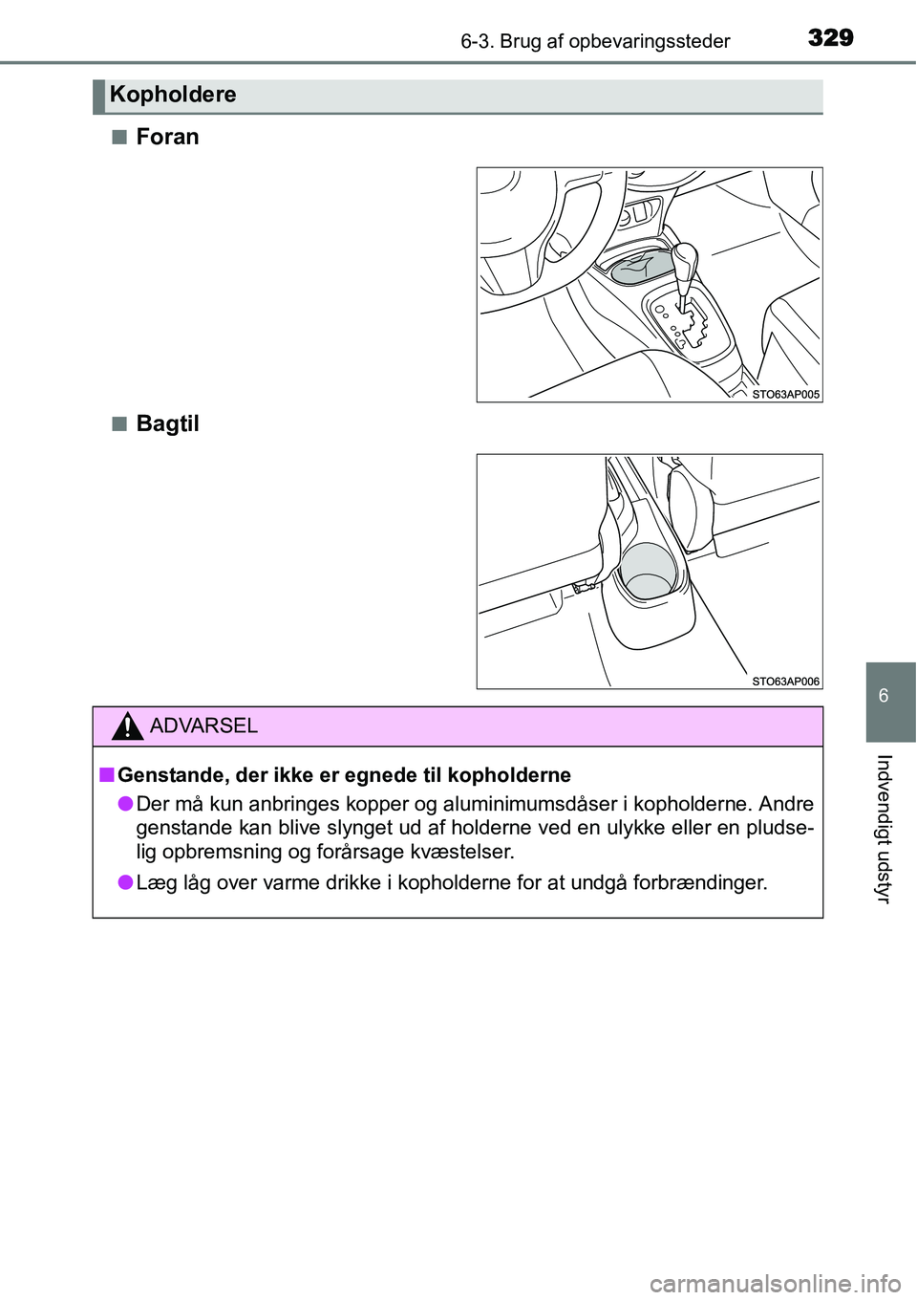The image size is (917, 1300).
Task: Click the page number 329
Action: (830, 37)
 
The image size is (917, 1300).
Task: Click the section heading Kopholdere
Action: (173, 95)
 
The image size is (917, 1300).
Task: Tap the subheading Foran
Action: (167, 137)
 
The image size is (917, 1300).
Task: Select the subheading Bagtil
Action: (167, 423)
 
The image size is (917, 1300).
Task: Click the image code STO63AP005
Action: (785, 394)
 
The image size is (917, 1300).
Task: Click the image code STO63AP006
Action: (785, 681)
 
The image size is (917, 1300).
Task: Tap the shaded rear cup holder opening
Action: (649, 572)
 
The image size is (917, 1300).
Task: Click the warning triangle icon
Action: (127, 726)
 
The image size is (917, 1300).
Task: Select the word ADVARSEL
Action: (203, 726)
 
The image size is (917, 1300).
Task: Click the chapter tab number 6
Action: (884, 696)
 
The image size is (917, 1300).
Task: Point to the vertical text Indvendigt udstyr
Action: (884, 828)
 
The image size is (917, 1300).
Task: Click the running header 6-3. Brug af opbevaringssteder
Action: (595, 41)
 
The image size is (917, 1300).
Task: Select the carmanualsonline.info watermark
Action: (775, 1283)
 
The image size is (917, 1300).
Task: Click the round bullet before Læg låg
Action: (125, 882)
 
